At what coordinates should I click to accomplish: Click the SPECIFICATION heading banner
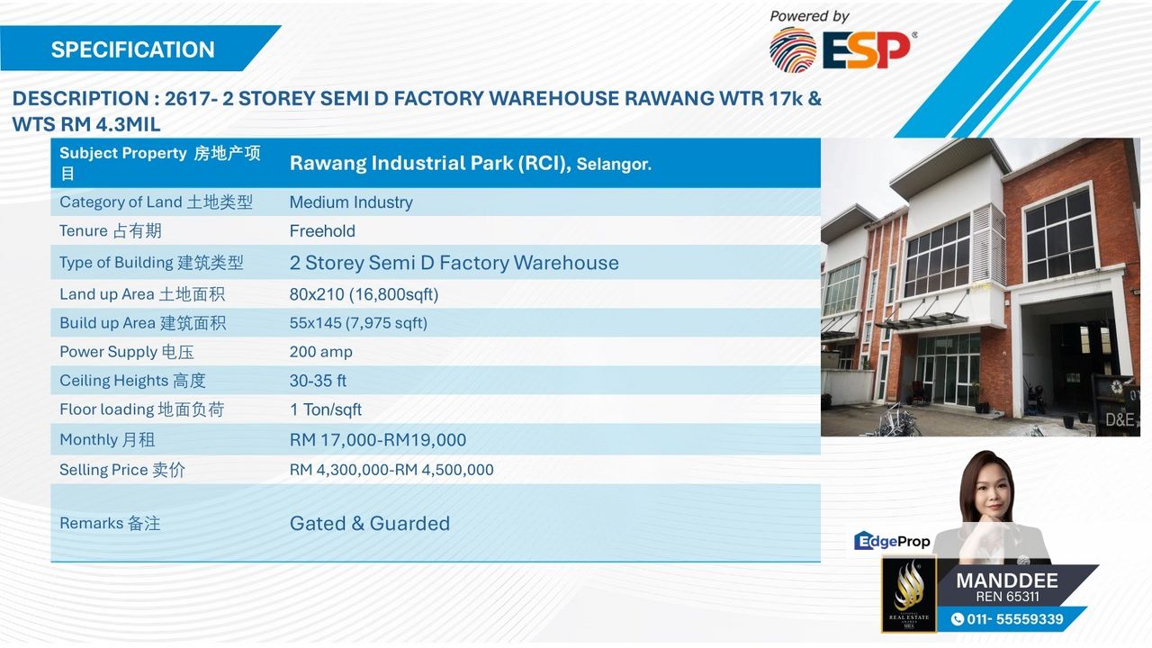pyautogui.click(x=133, y=49)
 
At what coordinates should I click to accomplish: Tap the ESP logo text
pyautogui.click(x=866, y=50)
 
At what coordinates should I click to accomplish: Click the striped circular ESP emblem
pyautogui.click(x=792, y=49)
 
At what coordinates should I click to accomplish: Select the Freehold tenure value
pyautogui.click(x=322, y=231)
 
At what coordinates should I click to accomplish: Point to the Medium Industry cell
pyautogui.click(x=351, y=202)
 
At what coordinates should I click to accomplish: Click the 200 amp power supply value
pyautogui.click(x=320, y=352)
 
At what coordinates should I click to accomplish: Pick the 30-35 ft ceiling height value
pyautogui.click(x=318, y=381)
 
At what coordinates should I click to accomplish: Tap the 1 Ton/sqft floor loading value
pyautogui.click(x=325, y=409)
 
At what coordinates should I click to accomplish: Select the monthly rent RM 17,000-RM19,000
pyautogui.click(x=377, y=440)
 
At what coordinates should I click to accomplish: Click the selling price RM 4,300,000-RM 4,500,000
pyautogui.click(x=391, y=470)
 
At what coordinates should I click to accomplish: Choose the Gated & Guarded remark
pyautogui.click(x=369, y=524)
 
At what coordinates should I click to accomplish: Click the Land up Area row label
pyautogui.click(x=141, y=294)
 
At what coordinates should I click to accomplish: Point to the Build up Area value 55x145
pyautogui.click(x=358, y=323)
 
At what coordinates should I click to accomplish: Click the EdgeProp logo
pyautogui.click(x=891, y=541)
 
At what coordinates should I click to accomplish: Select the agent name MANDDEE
pyautogui.click(x=1006, y=580)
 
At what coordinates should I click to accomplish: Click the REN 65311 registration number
pyautogui.click(x=1007, y=597)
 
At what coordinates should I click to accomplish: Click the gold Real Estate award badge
pyautogui.click(x=908, y=593)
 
